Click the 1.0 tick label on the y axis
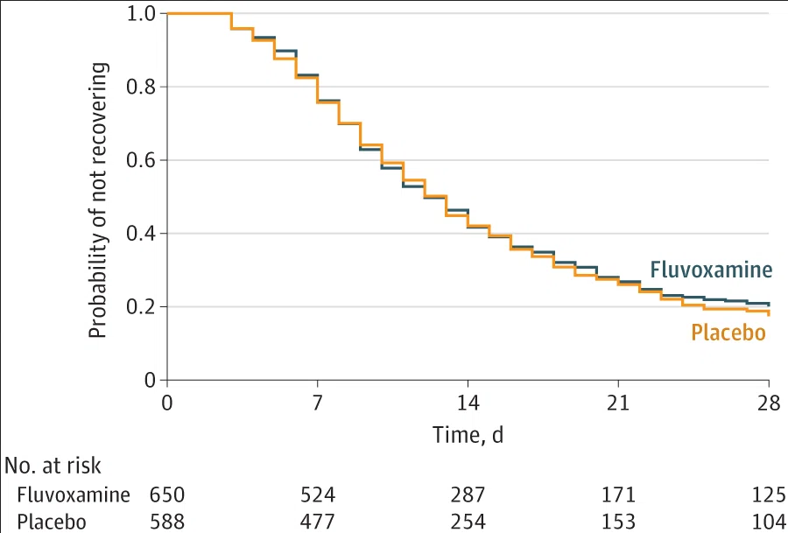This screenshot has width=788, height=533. (141, 13)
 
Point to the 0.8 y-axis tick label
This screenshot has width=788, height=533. (141, 87)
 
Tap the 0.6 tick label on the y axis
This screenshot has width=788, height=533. (141, 160)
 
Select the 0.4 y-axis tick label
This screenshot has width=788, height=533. (141, 234)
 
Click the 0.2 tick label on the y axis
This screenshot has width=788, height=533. (141, 307)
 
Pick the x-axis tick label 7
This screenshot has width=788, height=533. (317, 403)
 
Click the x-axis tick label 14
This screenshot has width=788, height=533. (468, 403)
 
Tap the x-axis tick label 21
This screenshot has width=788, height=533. (618, 403)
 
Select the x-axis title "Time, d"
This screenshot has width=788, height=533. (468, 435)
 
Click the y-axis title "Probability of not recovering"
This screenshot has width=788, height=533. (97, 200)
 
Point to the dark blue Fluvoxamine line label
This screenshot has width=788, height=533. (711, 270)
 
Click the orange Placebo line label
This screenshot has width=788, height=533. (728, 333)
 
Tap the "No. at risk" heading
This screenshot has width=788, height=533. (53, 466)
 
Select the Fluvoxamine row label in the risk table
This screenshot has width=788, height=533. (74, 494)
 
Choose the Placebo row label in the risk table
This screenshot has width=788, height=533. (52, 522)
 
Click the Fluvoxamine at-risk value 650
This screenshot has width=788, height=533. (167, 494)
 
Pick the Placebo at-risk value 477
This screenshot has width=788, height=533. (318, 522)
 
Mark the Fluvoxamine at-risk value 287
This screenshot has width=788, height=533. (468, 494)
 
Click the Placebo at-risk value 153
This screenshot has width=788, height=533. (619, 522)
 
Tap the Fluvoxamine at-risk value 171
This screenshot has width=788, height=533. (619, 494)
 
